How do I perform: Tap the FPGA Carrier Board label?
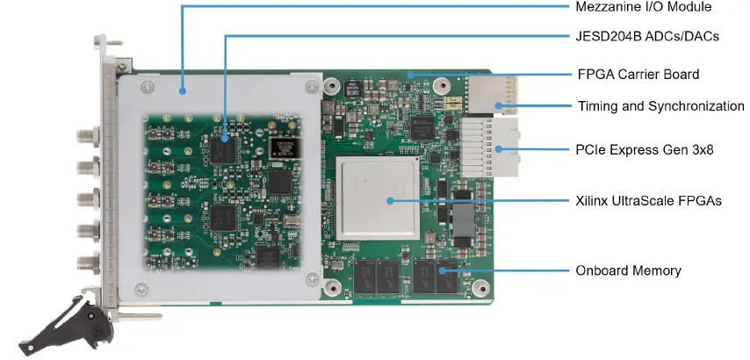[x=638, y=74]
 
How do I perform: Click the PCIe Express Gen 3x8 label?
[x=645, y=149]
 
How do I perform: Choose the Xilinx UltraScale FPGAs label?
[x=648, y=201]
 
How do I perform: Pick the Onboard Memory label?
[x=628, y=270]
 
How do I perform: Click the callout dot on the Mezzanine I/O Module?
[x=182, y=89]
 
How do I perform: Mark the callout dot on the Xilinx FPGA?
[x=387, y=201]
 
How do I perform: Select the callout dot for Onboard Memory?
[x=443, y=270]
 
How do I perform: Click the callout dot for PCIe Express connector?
[x=497, y=149]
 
